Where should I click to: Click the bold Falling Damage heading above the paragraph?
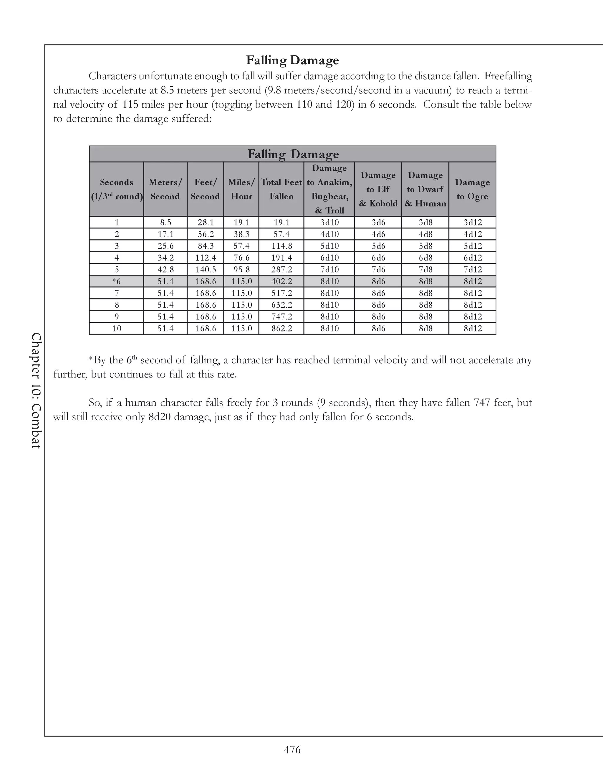pos(292,60)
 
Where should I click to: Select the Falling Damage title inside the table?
pos(293,154)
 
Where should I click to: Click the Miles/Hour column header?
pos(241,189)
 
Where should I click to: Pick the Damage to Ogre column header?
pos(472,189)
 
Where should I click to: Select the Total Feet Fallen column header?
pos(281,189)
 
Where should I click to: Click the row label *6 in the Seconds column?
pos(117,281)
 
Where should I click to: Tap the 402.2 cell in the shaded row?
pos(281,281)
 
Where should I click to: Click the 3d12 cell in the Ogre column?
pos(473,223)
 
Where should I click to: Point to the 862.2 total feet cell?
pos(281,328)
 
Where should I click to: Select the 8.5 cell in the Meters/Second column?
pos(165,223)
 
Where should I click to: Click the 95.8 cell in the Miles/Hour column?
pos(241,270)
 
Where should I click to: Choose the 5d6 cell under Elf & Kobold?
pos(378,246)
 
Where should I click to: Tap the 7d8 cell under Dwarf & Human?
pos(425,270)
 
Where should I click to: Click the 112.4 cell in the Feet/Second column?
pos(206,258)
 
